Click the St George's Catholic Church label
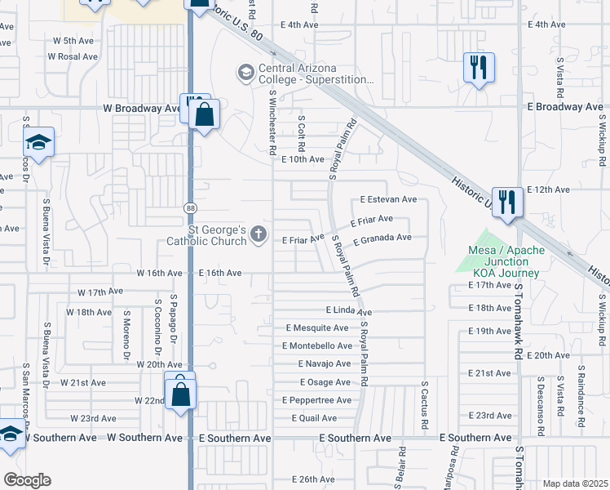tap(218, 235)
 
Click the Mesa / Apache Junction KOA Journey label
tap(503, 261)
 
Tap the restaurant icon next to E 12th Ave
tap(507, 203)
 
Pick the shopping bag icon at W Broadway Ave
tap(204, 114)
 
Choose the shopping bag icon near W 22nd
tap(181, 394)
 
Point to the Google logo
tap(27, 479)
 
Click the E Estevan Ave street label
tap(389, 199)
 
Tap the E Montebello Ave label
tap(318, 345)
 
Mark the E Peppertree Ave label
tap(317, 400)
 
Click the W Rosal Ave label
tap(74, 56)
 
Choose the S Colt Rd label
tap(301, 131)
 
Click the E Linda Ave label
tap(349, 311)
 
